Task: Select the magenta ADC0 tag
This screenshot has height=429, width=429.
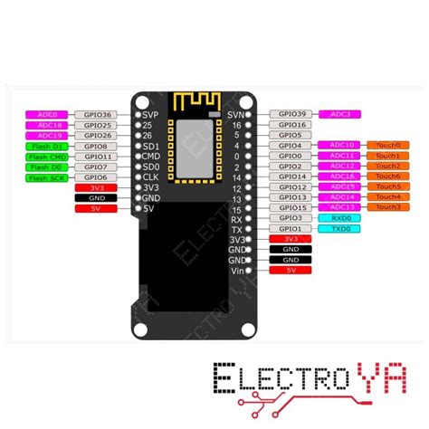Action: coord(48,115)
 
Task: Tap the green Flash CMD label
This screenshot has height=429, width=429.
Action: coord(45,157)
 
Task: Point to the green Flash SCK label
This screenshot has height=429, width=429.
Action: coord(45,177)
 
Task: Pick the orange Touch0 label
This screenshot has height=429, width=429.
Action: coord(386,145)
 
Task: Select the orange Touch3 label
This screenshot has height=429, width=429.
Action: coord(386,207)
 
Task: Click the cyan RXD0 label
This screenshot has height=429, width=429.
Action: coord(342,218)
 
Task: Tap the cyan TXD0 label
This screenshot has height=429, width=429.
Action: coord(342,229)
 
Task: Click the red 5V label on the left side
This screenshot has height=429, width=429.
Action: coord(95,207)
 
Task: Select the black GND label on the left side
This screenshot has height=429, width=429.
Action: coord(95,197)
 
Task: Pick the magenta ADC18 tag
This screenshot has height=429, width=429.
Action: coord(48,125)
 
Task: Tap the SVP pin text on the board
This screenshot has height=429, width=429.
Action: coord(151,115)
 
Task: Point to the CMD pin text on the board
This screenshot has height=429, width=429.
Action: coord(151,156)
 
